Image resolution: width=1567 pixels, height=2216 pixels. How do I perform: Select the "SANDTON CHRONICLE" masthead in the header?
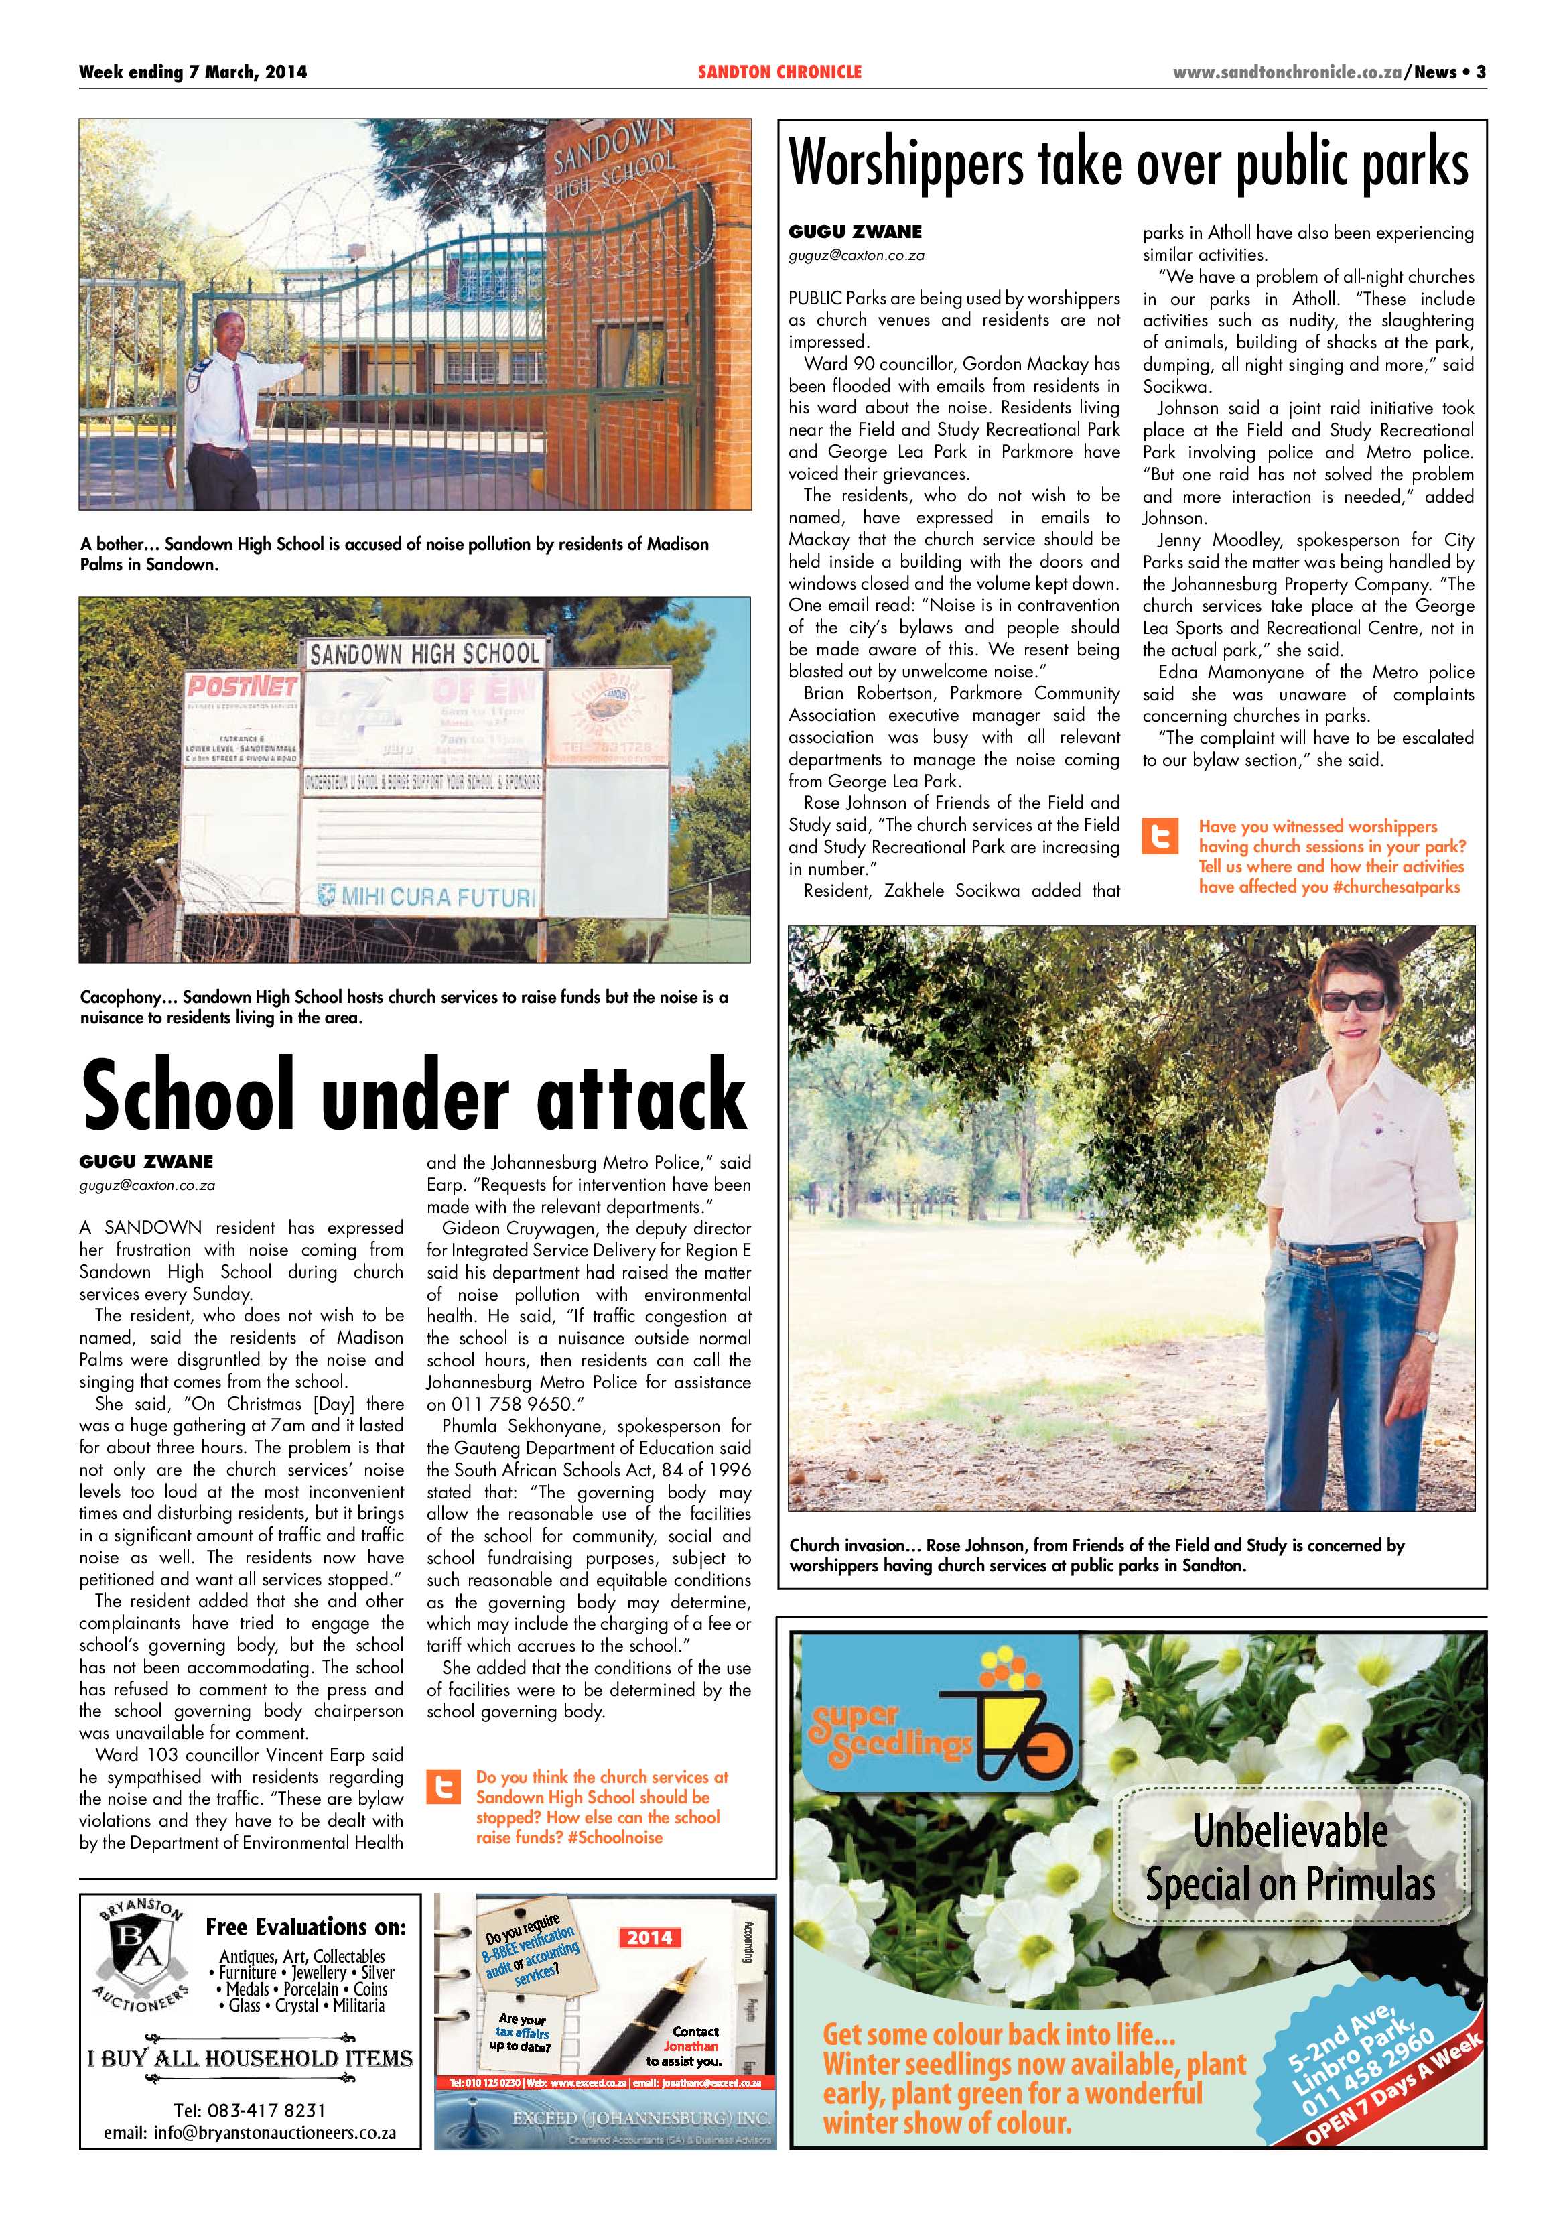point(780,72)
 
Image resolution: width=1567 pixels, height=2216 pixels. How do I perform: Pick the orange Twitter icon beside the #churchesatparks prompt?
point(1160,837)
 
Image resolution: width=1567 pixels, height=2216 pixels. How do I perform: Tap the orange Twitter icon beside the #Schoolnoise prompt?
point(445,1787)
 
